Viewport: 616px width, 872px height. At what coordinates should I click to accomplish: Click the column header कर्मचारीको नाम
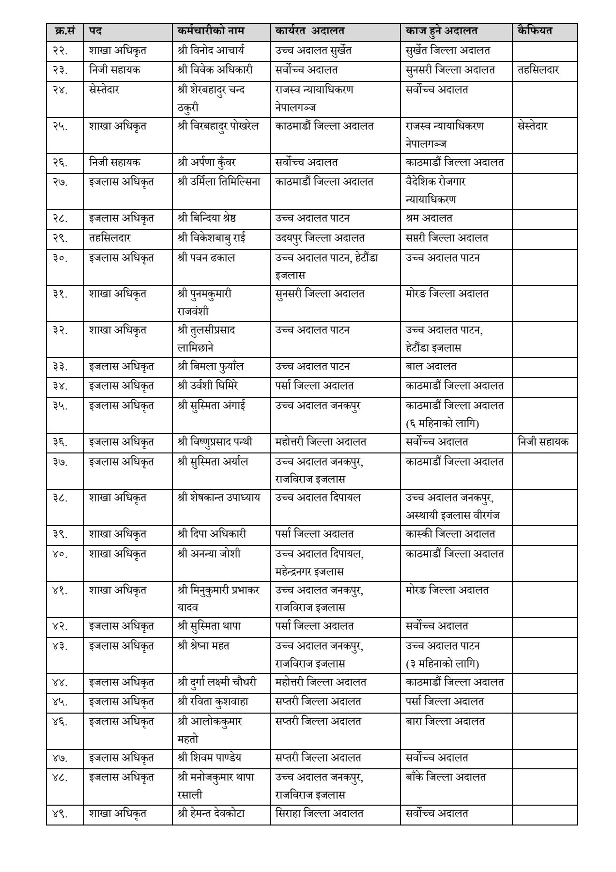coord(211,31)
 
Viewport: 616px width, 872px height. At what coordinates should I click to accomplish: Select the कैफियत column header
coord(535,31)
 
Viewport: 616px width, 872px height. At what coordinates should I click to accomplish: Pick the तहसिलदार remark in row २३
coord(538,70)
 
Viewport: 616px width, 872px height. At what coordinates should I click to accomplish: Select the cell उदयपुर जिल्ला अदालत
coord(320,238)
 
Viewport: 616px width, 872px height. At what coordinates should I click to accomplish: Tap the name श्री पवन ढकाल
coord(206,258)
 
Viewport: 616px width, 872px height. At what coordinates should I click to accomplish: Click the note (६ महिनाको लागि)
coord(443,423)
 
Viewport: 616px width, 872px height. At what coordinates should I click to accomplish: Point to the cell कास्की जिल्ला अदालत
coord(450,534)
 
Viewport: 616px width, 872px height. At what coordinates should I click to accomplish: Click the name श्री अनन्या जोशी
coord(209,553)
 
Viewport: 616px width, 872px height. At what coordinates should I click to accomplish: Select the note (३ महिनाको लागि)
coord(443,663)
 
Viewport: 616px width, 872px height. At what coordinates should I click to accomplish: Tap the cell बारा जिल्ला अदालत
coord(445,721)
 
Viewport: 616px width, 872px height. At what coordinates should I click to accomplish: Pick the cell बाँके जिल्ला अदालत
coord(446,777)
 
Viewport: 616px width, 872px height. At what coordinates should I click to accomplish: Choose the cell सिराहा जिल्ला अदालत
coord(319,813)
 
